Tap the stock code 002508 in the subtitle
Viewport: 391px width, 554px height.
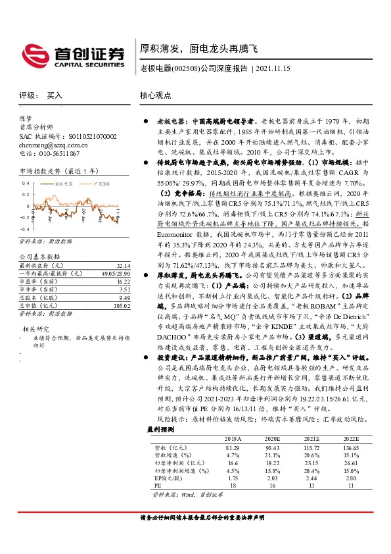click(186, 68)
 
